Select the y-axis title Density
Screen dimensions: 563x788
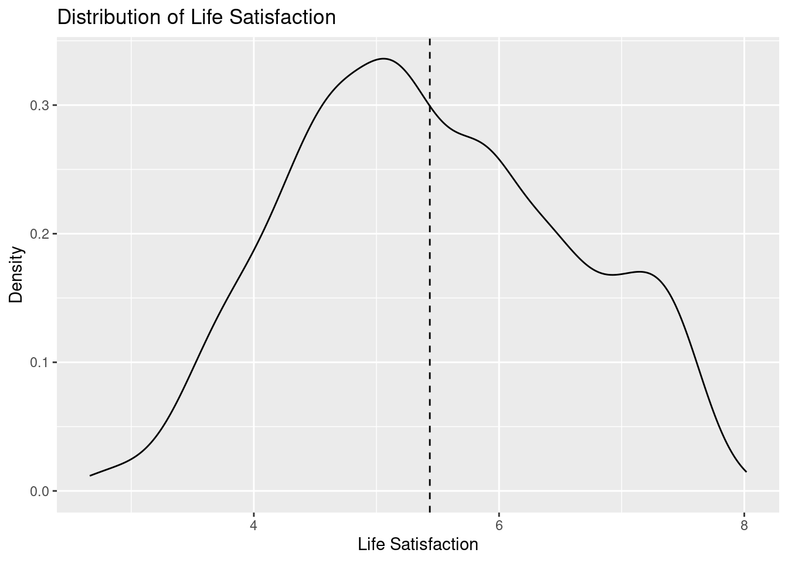17,274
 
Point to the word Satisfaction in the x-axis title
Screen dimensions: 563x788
434,545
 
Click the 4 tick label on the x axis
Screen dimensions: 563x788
254,525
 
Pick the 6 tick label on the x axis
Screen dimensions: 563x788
499,525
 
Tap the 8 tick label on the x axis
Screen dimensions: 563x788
745,525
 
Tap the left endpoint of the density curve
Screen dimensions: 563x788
90,476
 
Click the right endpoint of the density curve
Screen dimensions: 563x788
746,472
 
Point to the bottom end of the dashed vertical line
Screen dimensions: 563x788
430,512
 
